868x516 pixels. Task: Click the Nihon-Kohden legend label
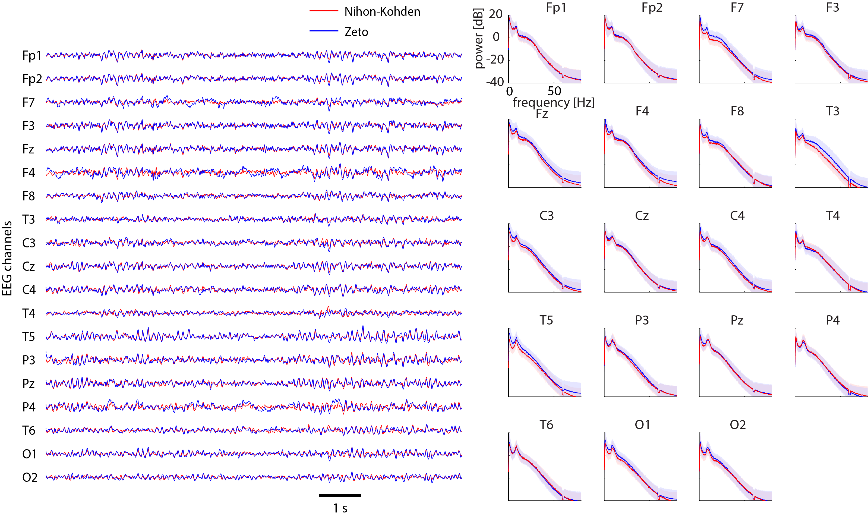click(382, 12)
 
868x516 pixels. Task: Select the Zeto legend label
click(356, 32)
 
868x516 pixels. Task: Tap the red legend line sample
click(324, 11)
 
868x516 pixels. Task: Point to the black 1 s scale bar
click(340, 495)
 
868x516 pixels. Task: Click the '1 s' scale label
click(340, 508)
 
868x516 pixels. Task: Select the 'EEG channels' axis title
click(7, 258)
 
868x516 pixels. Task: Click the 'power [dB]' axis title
click(479, 38)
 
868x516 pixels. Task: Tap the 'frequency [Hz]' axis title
click(553, 102)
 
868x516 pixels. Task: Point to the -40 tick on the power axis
click(495, 82)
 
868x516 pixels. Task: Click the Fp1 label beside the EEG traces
click(32, 56)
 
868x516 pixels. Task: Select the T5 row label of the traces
click(29, 336)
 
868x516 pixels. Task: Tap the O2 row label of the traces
click(30, 477)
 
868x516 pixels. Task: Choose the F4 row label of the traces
click(29, 172)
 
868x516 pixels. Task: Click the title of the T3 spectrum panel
click(832, 111)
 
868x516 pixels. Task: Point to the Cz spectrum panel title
click(642, 216)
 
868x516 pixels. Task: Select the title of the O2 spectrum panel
click(738, 424)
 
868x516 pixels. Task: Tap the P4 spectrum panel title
click(832, 320)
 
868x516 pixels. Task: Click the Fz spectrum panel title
click(542, 114)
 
